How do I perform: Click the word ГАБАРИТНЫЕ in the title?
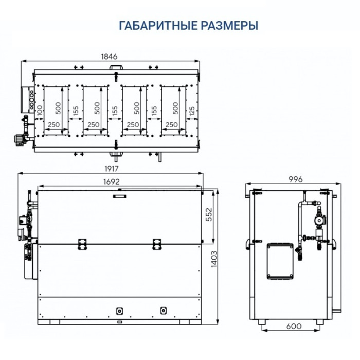click(158, 26)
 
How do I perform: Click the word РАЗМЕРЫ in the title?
click(230, 26)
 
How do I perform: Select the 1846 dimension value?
click(109, 57)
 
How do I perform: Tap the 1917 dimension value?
click(112, 169)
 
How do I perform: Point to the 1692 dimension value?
click(112, 182)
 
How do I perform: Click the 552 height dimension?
click(209, 214)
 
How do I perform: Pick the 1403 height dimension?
click(214, 259)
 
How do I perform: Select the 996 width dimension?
click(296, 179)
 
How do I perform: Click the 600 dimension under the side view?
click(294, 326)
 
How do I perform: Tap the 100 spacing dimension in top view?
click(40, 111)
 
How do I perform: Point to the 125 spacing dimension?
click(192, 111)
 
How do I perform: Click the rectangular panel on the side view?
click(280, 261)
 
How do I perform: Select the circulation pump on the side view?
click(319, 220)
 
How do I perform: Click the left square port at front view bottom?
click(119, 311)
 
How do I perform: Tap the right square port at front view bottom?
click(163, 311)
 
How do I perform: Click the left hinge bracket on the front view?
click(82, 244)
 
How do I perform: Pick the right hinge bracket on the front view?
click(157, 244)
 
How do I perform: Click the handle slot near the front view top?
click(119, 196)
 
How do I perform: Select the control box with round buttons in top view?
click(28, 100)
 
